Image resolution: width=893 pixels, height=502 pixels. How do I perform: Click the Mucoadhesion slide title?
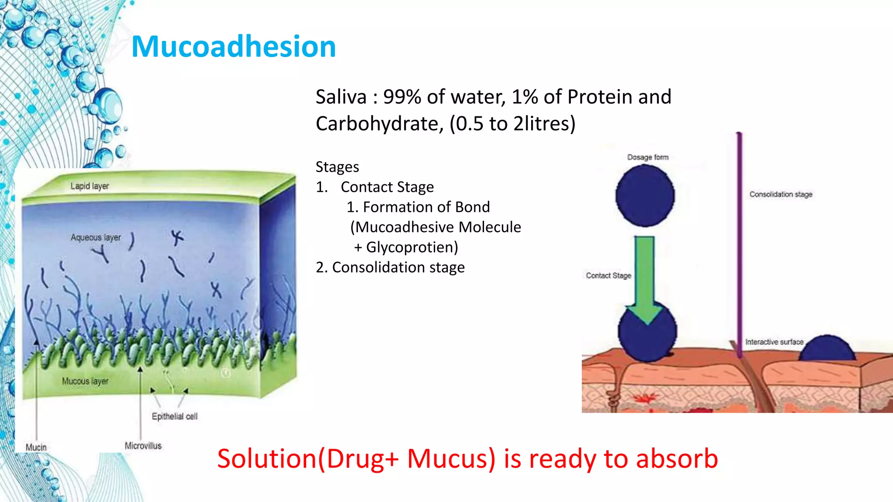[x=233, y=46]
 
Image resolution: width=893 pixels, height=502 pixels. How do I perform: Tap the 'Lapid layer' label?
[x=89, y=186]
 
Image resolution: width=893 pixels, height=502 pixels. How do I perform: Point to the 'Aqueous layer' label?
[x=95, y=237]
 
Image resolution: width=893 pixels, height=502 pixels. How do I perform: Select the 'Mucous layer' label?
[x=85, y=381]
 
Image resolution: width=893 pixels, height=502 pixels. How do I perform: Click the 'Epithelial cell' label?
[x=174, y=417]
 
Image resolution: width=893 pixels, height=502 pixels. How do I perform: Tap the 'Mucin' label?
[x=36, y=447]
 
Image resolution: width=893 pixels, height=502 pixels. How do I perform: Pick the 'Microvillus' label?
[x=143, y=446]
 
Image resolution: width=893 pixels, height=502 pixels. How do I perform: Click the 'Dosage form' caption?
[x=648, y=157]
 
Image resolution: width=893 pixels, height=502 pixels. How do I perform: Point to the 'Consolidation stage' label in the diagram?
[x=781, y=194]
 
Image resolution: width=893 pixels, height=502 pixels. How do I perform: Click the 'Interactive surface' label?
[x=774, y=342]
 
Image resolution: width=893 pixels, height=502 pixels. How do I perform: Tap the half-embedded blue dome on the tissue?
[x=828, y=349]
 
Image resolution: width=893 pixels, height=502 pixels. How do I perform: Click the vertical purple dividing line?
[x=739, y=244]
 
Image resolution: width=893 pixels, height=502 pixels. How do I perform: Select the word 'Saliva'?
[x=341, y=97]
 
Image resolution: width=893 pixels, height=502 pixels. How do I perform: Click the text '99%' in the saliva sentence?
[x=402, y=97]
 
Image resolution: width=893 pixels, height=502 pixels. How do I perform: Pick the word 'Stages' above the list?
[x=337, y=167]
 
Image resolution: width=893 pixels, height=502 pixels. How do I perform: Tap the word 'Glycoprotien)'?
[x=412, y=247]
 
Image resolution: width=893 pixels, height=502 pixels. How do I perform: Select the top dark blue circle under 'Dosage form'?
[x=644, y=197]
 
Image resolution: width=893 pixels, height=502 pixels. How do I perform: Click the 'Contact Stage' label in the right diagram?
[x=608, y=276]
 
